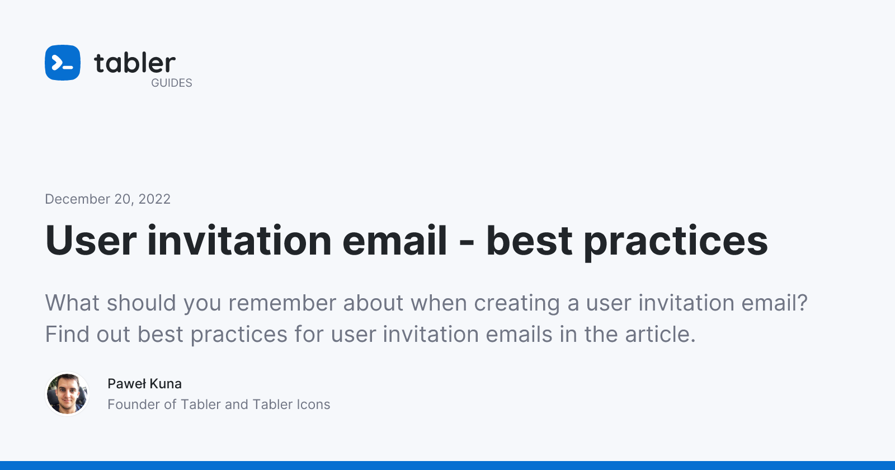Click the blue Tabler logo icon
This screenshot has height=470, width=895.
(62, 62)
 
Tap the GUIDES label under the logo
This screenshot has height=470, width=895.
(171, 83)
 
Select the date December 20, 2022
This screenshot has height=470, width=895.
(107, 199)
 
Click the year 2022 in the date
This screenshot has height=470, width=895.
(154, 199)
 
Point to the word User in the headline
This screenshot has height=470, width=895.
(91, 240)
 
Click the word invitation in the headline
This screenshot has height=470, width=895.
(239, 240)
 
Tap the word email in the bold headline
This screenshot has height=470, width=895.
(394, 240)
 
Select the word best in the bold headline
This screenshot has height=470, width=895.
(529, 240)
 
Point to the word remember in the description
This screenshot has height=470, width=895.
(282, 303)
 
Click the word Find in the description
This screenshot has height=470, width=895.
(67, 334)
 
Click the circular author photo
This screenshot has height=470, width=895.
(67, 394)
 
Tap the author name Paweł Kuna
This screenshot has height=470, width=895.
(145, 384)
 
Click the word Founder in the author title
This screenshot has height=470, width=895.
(134, 405)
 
